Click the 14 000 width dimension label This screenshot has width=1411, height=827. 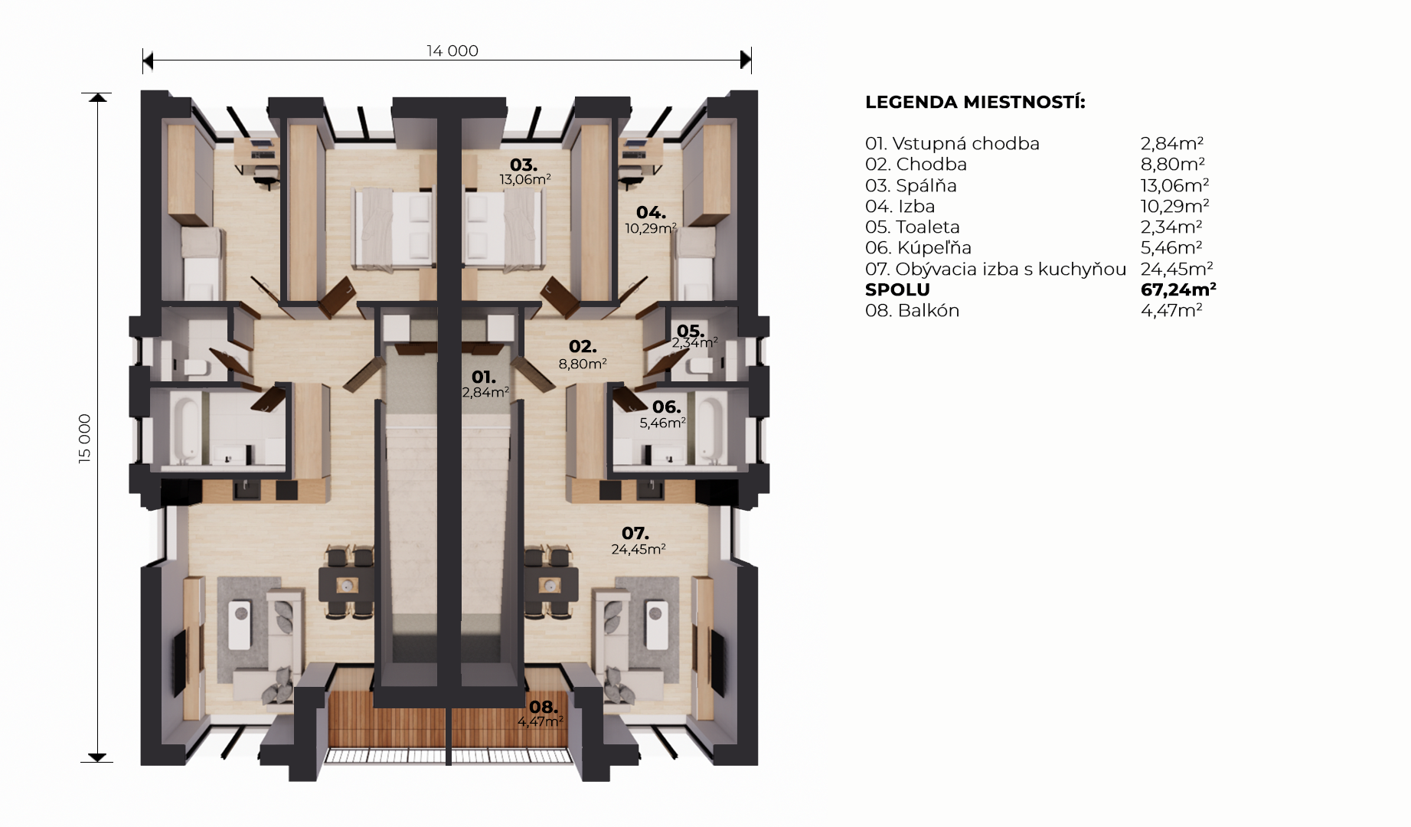coord(452,51)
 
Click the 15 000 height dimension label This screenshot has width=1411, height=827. coord(84,439)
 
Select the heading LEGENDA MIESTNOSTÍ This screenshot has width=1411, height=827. coord(975,102)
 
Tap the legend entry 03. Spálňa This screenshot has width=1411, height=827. coord(911,185)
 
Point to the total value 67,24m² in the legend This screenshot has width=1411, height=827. coord(1178,289)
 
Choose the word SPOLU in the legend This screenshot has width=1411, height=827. coord(897,289)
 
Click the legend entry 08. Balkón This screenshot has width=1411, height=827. coord(912,310)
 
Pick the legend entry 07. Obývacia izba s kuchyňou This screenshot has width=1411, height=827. coord(995,269)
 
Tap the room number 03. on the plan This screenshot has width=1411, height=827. coord(524,165)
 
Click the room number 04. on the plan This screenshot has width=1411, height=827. coord(651,212)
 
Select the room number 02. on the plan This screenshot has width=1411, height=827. coord(583,347)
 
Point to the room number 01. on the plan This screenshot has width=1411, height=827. coord(484,377)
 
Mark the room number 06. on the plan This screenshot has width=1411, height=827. coord(667,407)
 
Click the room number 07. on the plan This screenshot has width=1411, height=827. coord(635,533)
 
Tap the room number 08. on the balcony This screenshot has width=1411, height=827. coord(544,708)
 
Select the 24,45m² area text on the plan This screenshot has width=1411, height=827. coord(639,549)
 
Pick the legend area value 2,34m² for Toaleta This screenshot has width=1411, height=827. coord(1171,227)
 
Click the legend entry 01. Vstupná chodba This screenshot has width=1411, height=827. coord(952,143)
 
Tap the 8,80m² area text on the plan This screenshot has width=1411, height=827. coord(583,364)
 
